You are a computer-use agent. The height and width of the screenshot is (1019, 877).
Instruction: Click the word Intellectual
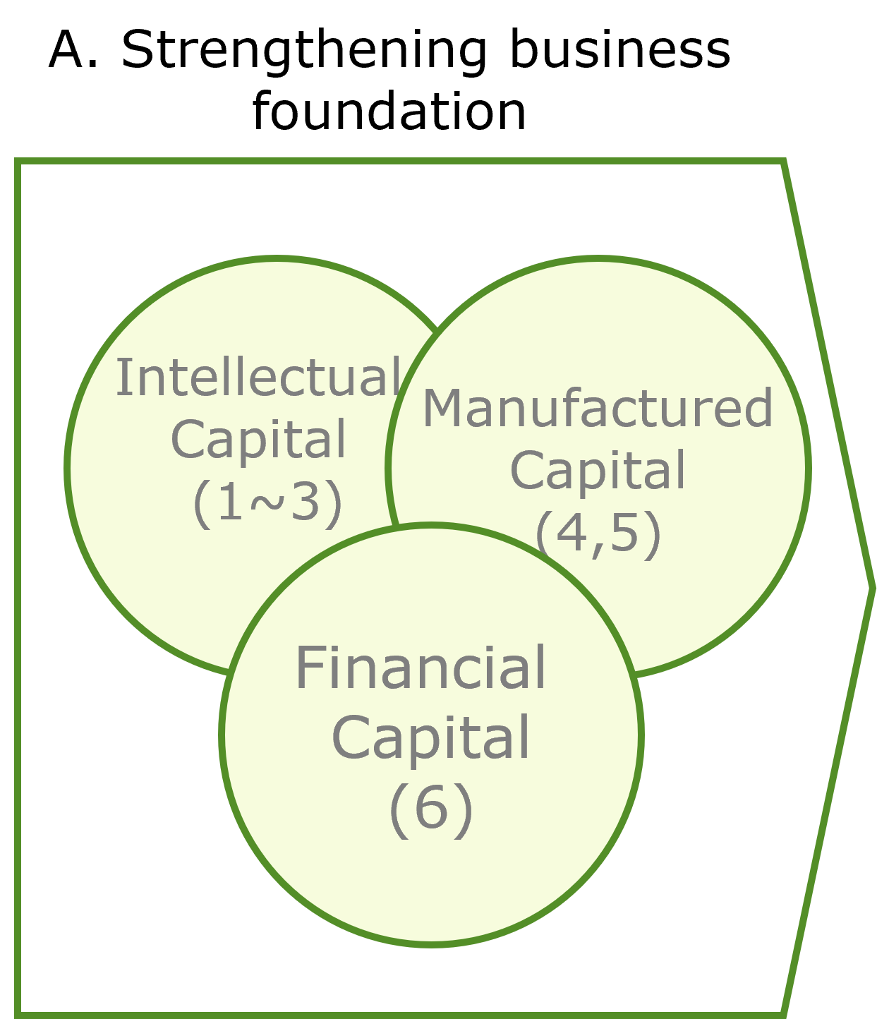tap(258, 378)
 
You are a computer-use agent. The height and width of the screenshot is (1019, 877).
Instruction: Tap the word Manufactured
tap(598, 409)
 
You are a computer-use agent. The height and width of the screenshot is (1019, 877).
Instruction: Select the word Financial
tap(421, 668)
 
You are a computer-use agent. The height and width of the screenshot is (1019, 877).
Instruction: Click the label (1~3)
tap(267, 503)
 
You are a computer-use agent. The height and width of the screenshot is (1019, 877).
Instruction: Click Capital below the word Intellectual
tap(259, 440)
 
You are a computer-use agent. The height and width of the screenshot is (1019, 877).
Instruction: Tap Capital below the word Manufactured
tap(598, 471)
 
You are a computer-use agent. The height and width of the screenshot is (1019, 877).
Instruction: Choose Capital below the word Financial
tap(430, 738)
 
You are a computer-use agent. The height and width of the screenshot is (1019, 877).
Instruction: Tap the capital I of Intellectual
tap(121, 378)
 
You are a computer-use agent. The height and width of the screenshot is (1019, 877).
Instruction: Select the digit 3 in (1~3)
tap(305, 503)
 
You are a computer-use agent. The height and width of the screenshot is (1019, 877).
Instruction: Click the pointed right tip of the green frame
tap(873, 586)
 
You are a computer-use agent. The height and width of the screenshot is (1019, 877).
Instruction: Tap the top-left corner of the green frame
tap(18, 162)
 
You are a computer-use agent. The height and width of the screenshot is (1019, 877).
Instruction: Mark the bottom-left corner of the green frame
tap(18, 1015)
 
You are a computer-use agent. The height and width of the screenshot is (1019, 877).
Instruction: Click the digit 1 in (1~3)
tap(229, 503)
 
